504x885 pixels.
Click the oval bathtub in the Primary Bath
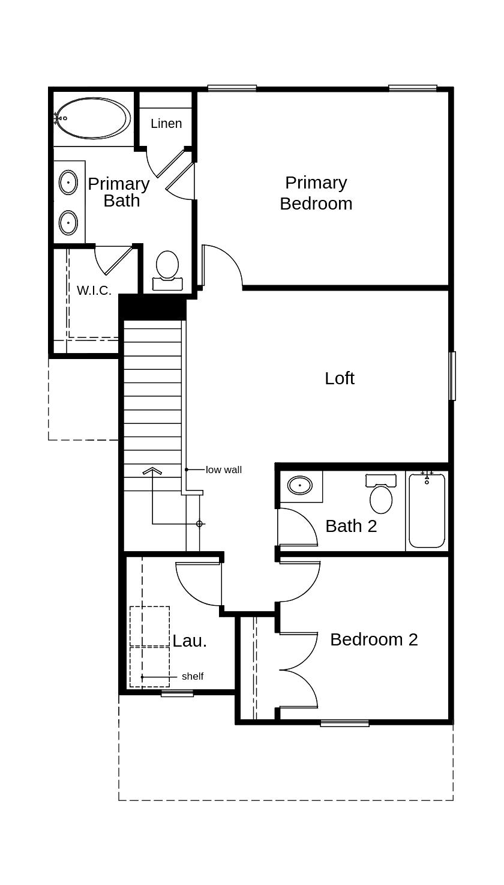pyautogui.click(x=93, y=118)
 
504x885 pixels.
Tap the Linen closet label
pyautogui.click(x=166, y=124)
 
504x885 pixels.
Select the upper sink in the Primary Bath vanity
pyautogui.click(x=68, y=182)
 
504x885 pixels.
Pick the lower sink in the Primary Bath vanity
pyautogui.click(x=68, y=223)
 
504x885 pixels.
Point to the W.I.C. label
pyautogui.click(x=94, y=291)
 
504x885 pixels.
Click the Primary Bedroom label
pyautogui.click(x=316, y=193)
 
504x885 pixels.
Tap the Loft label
pyautogui.click(x=340, y=378)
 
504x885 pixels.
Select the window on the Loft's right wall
pyautogui.click(x=452, y=376)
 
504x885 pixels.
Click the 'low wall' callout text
pyautogui.click(x=224, y=470)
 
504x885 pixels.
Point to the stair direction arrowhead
pyautogui.click(x=152, y=471)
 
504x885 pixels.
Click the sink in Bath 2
pyautogui.click(x=299, y=485)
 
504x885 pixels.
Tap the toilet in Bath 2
pyautogui.click(x=380, y=495)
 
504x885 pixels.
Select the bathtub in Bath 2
pyautogui.click(x=427, y=511)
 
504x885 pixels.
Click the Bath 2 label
pyautogui.click(x=351, y=526)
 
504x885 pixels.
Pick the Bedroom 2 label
pyautogui.click(x=374, y=639)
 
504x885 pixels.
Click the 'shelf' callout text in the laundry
pyautogui.click(x=193, y=677)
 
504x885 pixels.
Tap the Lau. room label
pyautogui.click(x=190, y=641)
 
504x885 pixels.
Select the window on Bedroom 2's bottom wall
pyautogui.click(x=344, y=723)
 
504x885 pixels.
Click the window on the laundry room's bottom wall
pyautogui.click(x=177, y=693)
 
